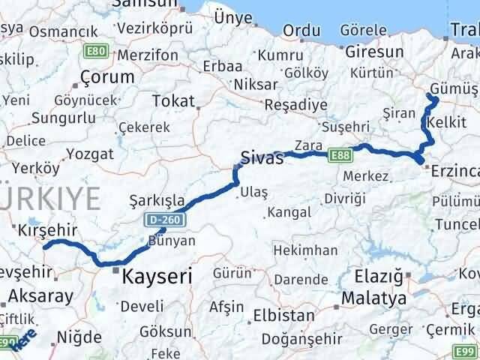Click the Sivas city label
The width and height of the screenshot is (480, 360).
point(262,158)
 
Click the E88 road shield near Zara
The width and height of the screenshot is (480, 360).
point(339,155)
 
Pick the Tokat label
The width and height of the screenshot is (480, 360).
point(172,101)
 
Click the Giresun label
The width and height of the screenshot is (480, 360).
point(375,52)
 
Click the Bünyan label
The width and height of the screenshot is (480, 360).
point(172,241)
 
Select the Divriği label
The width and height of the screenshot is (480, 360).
point(345,199)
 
